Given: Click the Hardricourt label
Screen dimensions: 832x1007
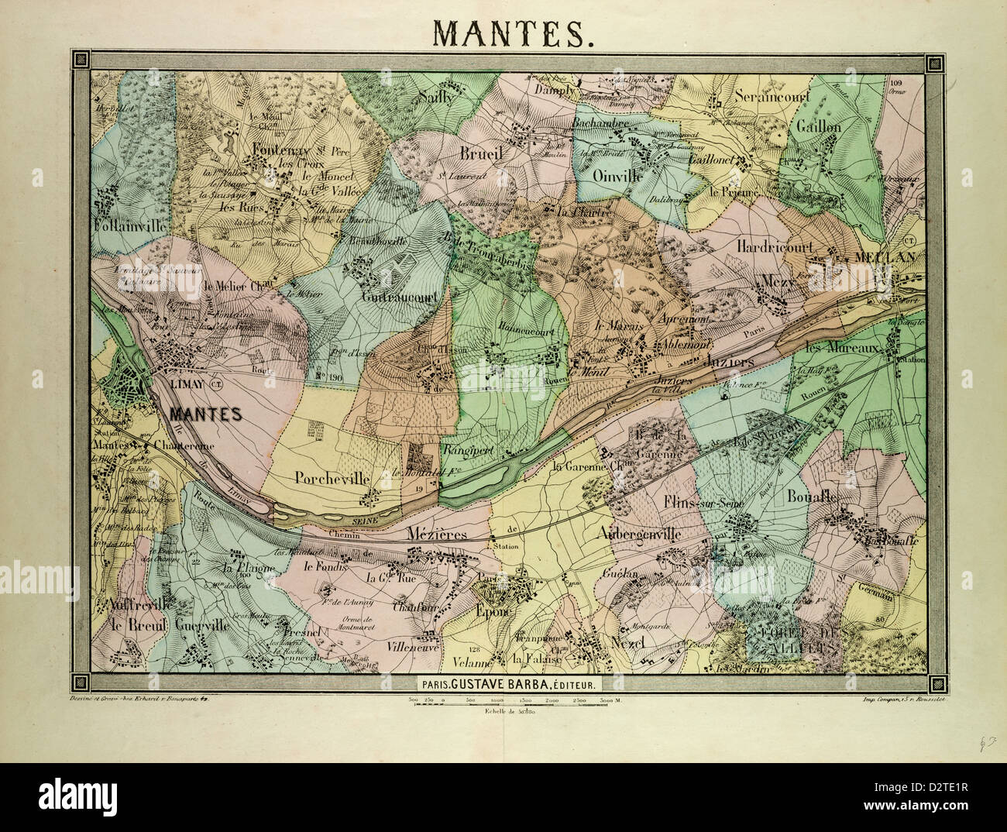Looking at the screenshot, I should pos(774,246).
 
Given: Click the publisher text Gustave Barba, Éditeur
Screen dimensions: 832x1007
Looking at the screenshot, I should pos(507,684).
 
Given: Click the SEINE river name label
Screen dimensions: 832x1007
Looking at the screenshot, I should pos(366,523).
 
